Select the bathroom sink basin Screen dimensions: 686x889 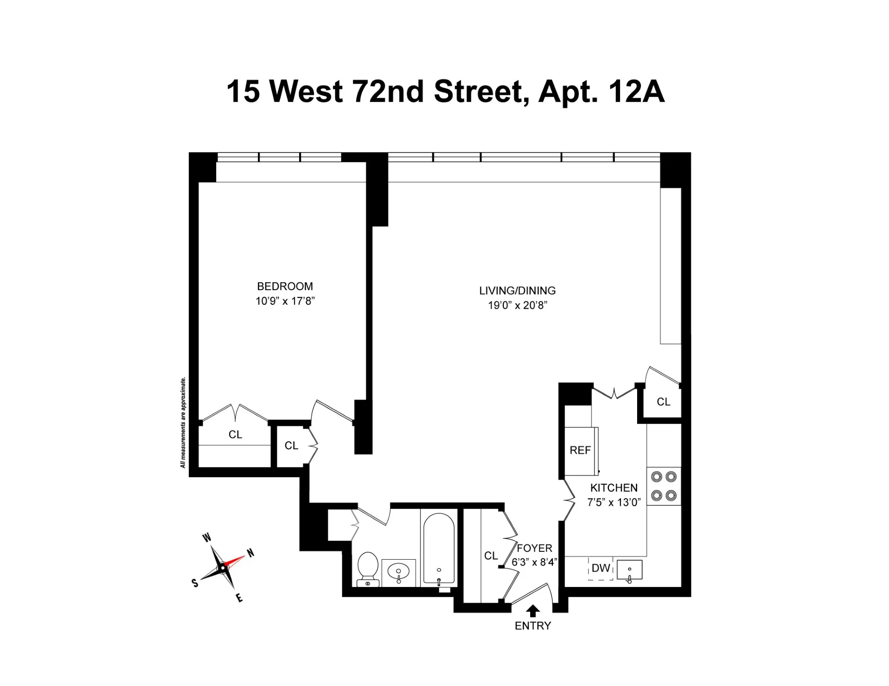pos(398,571)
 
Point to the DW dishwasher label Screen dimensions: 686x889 pos(601,568)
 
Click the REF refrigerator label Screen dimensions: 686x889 pos(580,450)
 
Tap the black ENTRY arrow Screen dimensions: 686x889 pos(533,611)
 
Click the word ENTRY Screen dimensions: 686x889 pos(533,626)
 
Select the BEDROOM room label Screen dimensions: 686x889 pos(285,287)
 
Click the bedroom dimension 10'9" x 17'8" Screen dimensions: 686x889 pos(285,301)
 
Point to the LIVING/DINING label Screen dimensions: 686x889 pos(517,291)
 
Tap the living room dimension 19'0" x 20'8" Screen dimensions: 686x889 pos(517,306)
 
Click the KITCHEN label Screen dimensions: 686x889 pos(614,488)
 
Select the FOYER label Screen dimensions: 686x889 pos(534,549)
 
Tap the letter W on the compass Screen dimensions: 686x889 pos(207,537)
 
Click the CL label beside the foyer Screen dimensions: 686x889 pos(491,556)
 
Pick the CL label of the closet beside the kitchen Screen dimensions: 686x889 pos(663,402)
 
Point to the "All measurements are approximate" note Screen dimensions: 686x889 pos(183,423)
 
